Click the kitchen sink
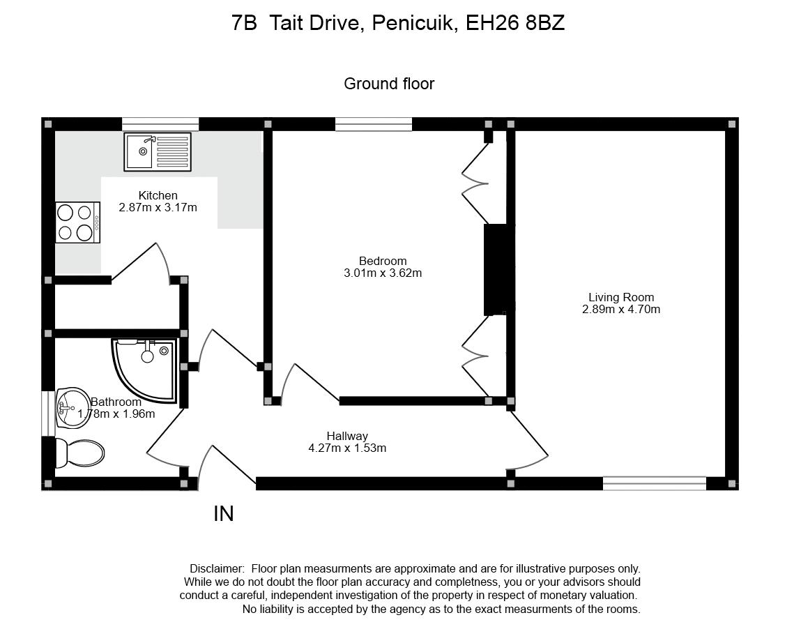pyautogui.click(x=158, y=152)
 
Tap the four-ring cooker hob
pyautogui.click(x=77, y=222)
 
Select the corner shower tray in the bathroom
pyautogui.click(x=145, y=370)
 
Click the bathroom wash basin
pyautogui.click(x=72, y=408)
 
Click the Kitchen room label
pyautogui.click(x=158, y=195)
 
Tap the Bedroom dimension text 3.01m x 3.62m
pyautogui.click(x=383, y=273)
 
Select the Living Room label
pyautogui.click(x=621, y=297)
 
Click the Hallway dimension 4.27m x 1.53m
pyautogui.click(x=347, y=448)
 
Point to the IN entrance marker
pyautogui.click(x=224, y=514)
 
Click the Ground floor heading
pyautogui.click(x=389, y=84)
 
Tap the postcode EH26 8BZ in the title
pyautogui.click(x=515, y=23)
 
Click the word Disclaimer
pyautogui.click(x=217, y=568)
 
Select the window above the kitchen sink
pyautogui.click(x=160, y=124)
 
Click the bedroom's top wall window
pyautogui.click(x=374, y=124)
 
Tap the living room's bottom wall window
pyautogui.click(x=655, y=483)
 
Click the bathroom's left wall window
pyautogui.click(x=48, y=414)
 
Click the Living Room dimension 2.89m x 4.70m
pyautogui.click(x=621, y=309)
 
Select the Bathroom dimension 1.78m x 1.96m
pyautogui.click(x=116, y=414)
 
